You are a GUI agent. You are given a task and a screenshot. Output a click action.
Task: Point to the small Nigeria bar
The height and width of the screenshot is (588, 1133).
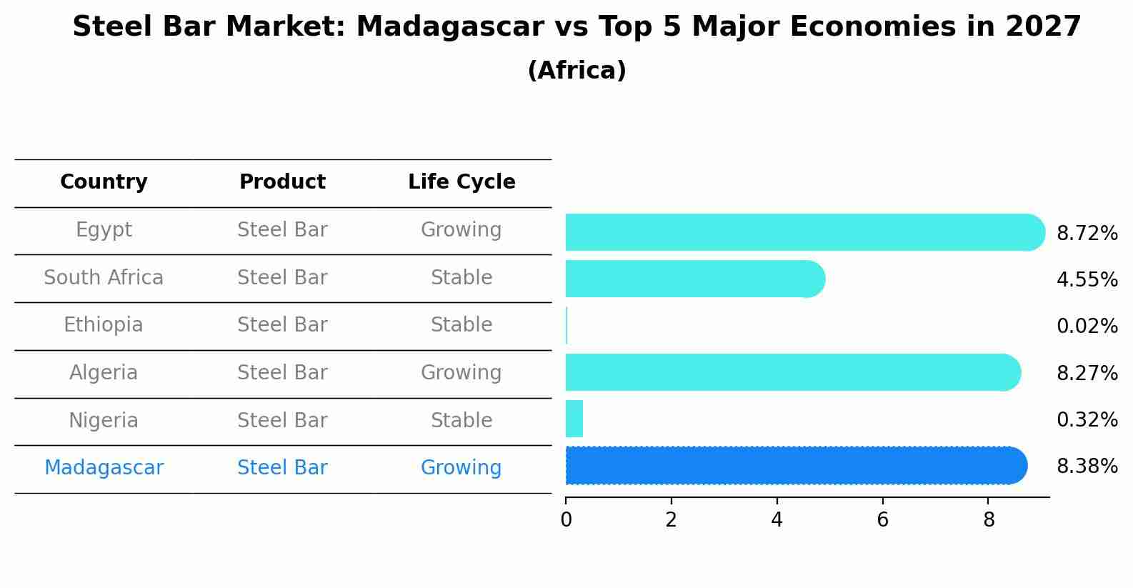click(x=574, y=419)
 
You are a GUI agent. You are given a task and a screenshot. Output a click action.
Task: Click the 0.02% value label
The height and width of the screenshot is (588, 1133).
click(x=1087, y=327)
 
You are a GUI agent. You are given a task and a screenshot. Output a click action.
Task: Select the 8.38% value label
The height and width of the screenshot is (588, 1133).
click(x=1087, y=467)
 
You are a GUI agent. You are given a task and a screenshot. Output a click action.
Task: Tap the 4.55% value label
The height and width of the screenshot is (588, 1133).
click(x=1087, y=279)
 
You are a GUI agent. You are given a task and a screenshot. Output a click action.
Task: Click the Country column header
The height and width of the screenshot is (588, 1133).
click(x=104, y=182)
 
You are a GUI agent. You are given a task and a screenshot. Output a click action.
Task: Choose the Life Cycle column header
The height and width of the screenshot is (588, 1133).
click(x=461, y=182)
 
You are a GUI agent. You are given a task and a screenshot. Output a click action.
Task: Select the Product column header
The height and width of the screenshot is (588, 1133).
click(x=282, y=182)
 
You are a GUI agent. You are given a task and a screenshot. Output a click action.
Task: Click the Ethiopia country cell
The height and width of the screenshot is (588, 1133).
click(x=104, y=325)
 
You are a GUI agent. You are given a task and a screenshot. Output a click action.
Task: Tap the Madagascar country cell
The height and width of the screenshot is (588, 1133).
click(x=104, y=468)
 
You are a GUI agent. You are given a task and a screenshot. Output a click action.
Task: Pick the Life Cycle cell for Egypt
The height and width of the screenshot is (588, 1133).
click(x=461, y=230)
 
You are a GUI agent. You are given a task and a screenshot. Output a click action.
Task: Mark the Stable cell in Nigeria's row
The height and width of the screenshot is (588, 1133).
click(x=461, y=420)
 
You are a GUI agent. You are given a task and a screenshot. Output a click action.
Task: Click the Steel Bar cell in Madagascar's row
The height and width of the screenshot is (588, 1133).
click(x=282, y=468)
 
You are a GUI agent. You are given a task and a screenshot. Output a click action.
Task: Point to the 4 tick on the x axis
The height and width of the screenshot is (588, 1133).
click(x=777, y=519)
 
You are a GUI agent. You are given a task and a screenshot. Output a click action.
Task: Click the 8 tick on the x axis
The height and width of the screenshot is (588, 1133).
click(x=989, y=519)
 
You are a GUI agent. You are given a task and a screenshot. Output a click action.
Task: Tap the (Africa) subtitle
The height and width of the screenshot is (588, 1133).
click(x=577, y=71)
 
